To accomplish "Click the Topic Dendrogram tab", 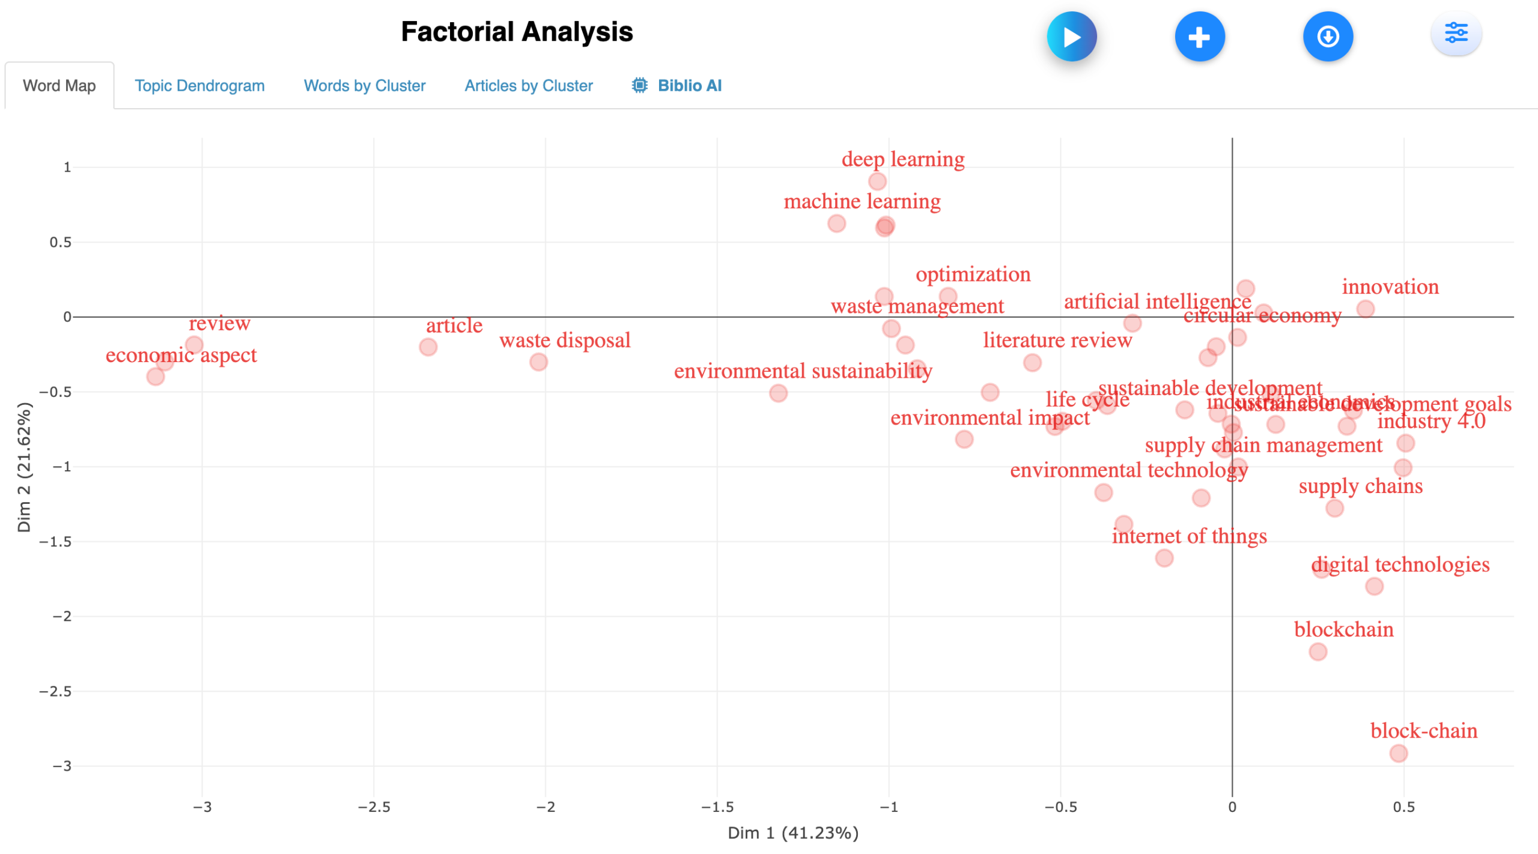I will tap(199, 86).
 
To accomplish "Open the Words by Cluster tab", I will tap(364, 86).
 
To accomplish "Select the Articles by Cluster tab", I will tap(528, 86).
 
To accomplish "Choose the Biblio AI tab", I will tap(677, 86).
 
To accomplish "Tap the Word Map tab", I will tap(59, 86).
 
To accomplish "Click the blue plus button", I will tap(1199, 37).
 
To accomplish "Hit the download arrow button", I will tap(1327, 37).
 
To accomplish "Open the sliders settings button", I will tap(1456, 34).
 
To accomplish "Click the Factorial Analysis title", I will tap(517, 32).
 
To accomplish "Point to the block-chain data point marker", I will tap(1398, 753).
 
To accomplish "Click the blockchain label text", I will tap(1343, 629).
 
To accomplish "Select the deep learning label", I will tap(902, 159).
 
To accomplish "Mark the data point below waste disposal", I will tap(538, 362).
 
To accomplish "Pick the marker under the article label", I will tap(428, 347).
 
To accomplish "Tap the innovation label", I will tap(1390, 287).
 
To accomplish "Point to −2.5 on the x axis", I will tap(374, 807).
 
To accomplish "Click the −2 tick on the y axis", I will tap(61, 616).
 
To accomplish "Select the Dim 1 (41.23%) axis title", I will tap(792, 833).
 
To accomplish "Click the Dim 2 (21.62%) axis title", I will tap(24, 467).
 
